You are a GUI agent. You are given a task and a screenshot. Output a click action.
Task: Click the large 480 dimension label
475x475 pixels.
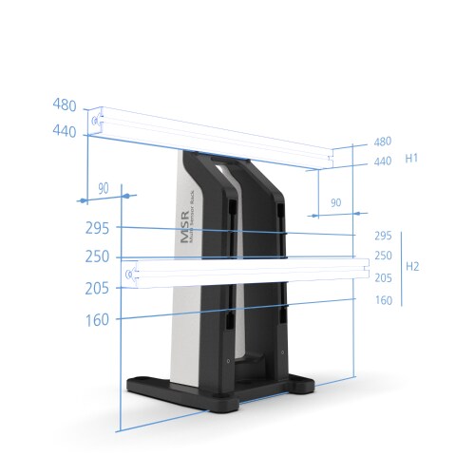[64, 104]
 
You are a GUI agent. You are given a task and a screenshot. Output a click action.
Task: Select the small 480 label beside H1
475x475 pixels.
[383, 142]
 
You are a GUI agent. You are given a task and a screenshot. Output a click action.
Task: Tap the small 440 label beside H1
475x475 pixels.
[383, 161]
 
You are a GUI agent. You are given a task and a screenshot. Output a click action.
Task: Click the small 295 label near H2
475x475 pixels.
[383, 236]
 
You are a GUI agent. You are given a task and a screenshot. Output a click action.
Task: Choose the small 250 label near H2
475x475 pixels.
[383, 256]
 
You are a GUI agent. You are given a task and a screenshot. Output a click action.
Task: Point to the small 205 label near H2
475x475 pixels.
[383, 278]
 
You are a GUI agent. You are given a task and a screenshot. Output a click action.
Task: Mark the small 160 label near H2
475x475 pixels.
[383, 300]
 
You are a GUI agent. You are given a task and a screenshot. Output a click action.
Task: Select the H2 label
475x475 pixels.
[412, 267]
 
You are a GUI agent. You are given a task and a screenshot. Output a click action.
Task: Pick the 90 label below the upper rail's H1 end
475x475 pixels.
[334, 203]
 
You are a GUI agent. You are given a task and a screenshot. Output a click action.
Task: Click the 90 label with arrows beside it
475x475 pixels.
[103, 189]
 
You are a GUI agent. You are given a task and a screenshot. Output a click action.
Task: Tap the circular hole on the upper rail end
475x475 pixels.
[96, 122]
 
